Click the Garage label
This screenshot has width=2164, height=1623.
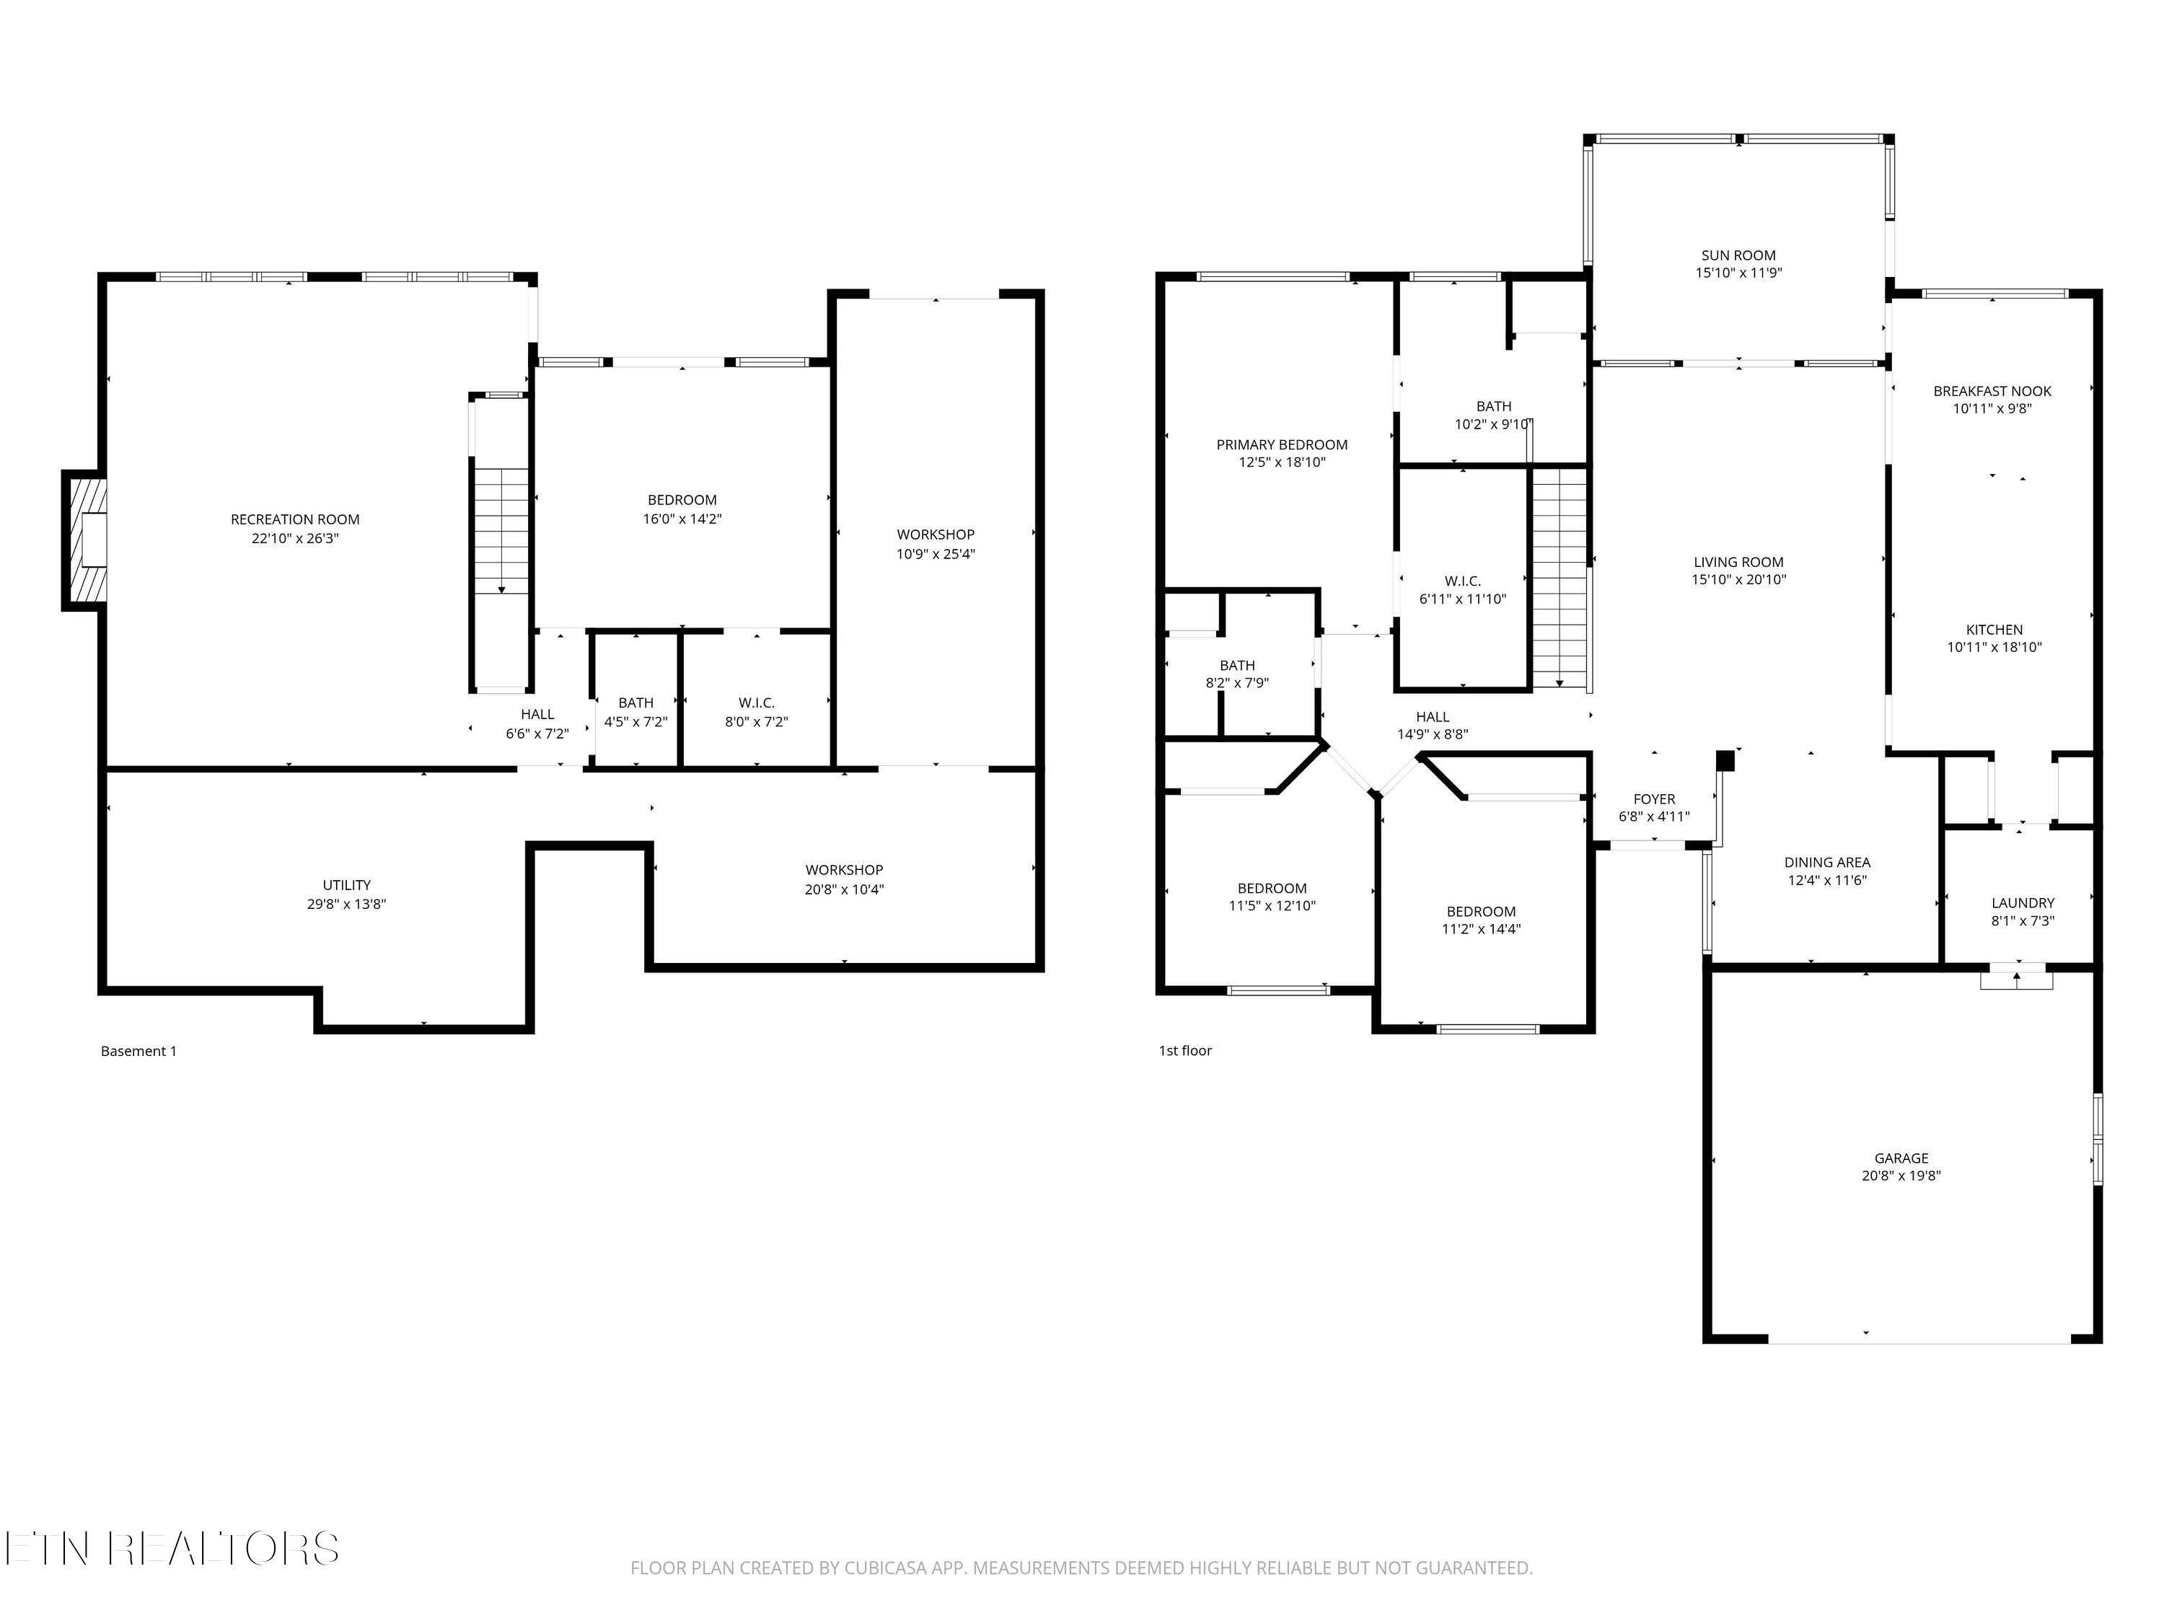point(1901,1158)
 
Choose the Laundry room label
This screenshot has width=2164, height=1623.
point(2022,903)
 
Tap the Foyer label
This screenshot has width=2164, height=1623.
point(1653,799)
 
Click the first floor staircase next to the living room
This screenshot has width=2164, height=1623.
point(1560,577)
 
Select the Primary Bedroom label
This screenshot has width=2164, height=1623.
point(1282,445)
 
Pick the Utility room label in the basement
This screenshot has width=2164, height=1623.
point(346,885)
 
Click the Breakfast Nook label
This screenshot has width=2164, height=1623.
point(1992,391)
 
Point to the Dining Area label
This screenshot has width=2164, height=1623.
point(1826,863)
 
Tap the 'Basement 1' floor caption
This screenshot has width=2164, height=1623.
point(139,1052)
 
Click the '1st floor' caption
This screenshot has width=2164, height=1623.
point(1184,1051)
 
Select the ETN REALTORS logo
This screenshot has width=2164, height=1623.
point(171,1549)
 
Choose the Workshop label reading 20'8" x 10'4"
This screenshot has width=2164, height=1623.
point(844,889)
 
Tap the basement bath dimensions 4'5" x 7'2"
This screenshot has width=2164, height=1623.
point(636,722)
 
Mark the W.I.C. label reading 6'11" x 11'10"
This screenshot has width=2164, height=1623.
point(1463,599)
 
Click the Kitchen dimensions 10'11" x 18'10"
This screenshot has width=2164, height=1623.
point(1994,646)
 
